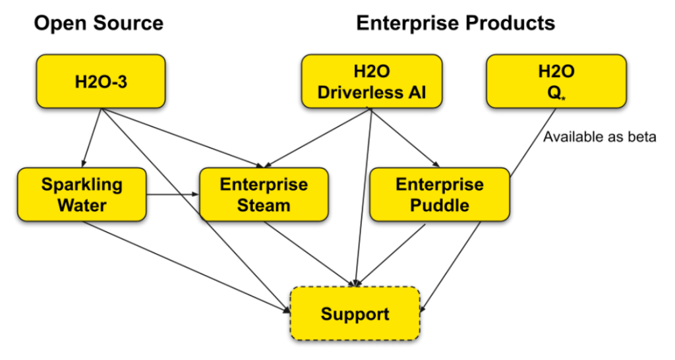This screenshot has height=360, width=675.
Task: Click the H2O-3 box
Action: click(x=100, y=82)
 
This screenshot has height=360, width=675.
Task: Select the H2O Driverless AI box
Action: click(x=371, y=82)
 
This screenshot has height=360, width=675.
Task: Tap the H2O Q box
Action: click(x=556, y=82)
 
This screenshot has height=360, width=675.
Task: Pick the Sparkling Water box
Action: click(x=82, y=195)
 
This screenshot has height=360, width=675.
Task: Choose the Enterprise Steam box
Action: click(x=264, y=195)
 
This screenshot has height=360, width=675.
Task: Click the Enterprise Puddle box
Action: click(x=440, y=195)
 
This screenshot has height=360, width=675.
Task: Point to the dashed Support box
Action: click(x=355, y=313)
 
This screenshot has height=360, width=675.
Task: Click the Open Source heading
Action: click(x=99, y=24)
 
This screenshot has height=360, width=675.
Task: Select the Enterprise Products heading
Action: click(x=455, y=24)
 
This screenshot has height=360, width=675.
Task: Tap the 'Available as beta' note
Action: click(x=599, y=138)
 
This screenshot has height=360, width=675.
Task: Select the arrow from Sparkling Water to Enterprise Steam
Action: click(x=173, y=195)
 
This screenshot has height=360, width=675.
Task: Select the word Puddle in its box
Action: click(x=440, y=205)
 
